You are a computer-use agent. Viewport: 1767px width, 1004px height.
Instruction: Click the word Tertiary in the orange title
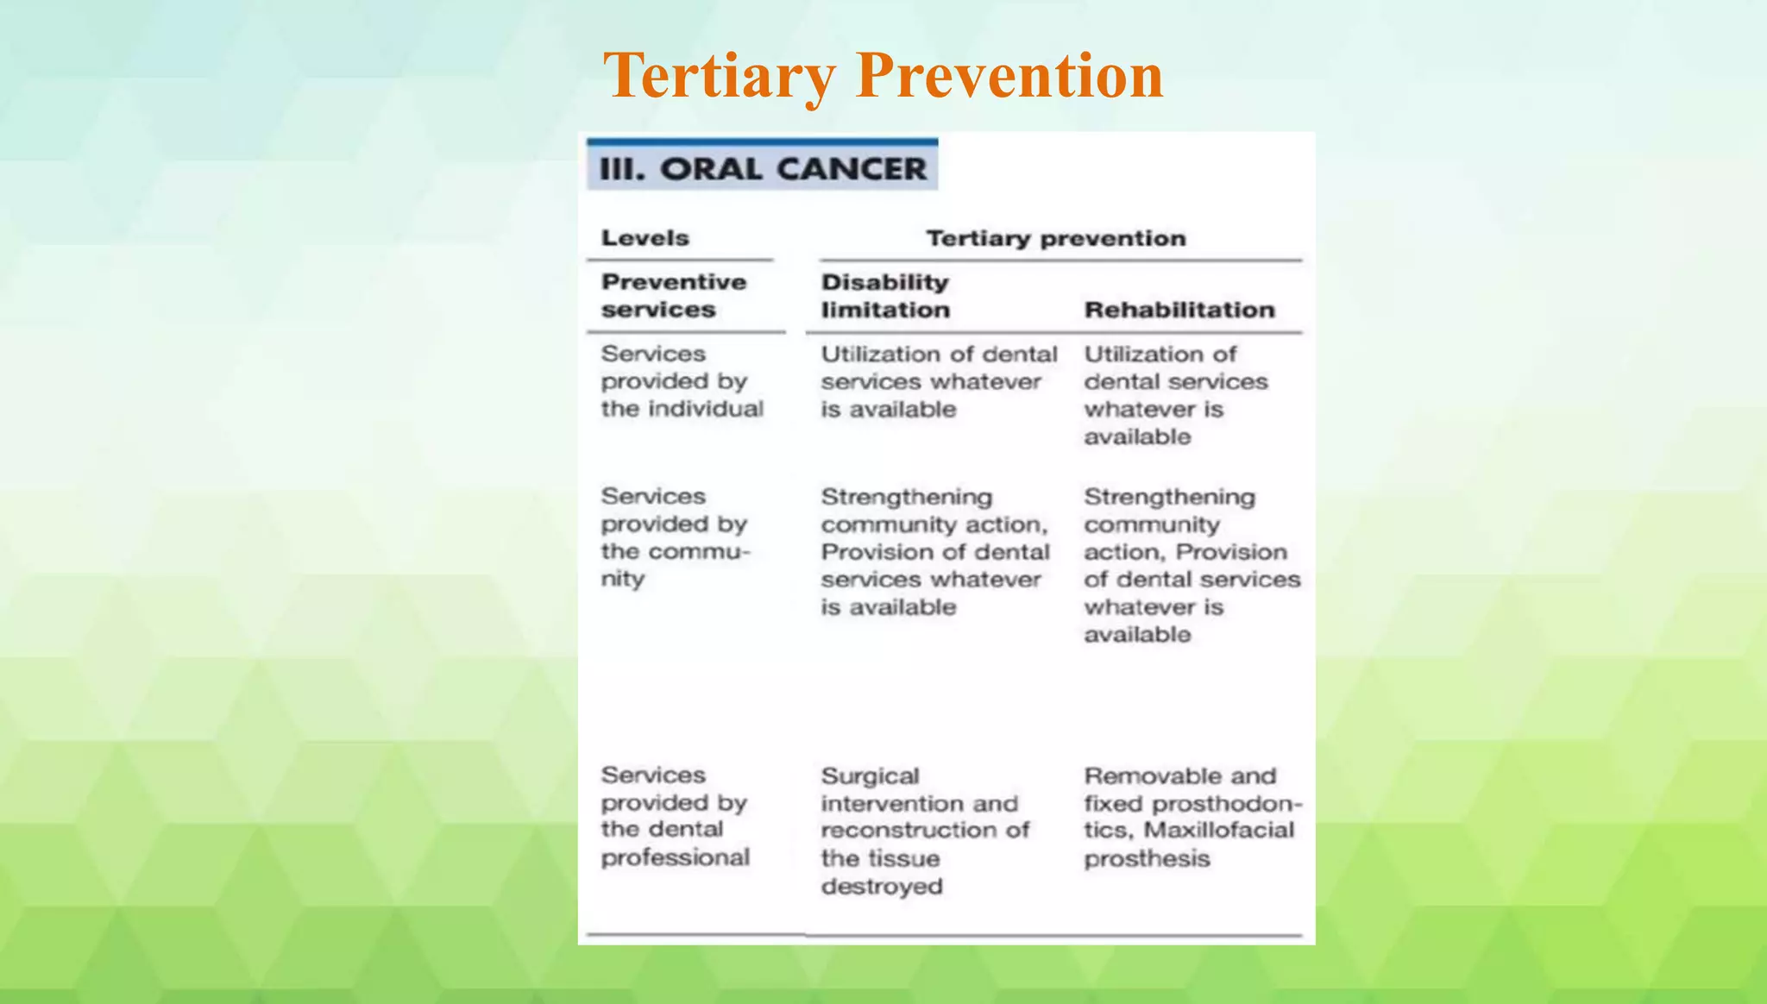719,76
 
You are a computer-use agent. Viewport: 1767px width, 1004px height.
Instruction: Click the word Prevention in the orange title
1009,76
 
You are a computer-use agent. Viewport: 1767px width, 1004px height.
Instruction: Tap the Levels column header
645,238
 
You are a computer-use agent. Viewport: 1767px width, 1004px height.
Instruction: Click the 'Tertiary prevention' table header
1055,238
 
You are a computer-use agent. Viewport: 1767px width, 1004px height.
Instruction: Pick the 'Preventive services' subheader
673,296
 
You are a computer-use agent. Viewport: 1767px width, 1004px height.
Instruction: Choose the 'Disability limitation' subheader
885,296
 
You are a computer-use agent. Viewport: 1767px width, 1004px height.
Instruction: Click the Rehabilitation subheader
1179,310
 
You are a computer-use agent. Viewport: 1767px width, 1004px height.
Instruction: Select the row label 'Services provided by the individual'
682,381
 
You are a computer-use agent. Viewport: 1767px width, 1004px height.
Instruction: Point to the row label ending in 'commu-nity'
675,537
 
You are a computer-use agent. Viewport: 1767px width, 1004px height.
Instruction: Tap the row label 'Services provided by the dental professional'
675,816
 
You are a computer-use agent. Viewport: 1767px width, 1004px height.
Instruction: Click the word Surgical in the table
870,776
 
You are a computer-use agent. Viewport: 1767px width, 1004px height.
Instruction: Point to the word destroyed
881,887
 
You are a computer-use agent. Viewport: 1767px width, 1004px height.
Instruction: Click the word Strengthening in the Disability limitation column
906,498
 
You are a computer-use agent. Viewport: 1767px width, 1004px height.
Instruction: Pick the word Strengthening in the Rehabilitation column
1169,498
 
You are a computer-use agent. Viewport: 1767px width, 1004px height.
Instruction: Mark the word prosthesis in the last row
1147,859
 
